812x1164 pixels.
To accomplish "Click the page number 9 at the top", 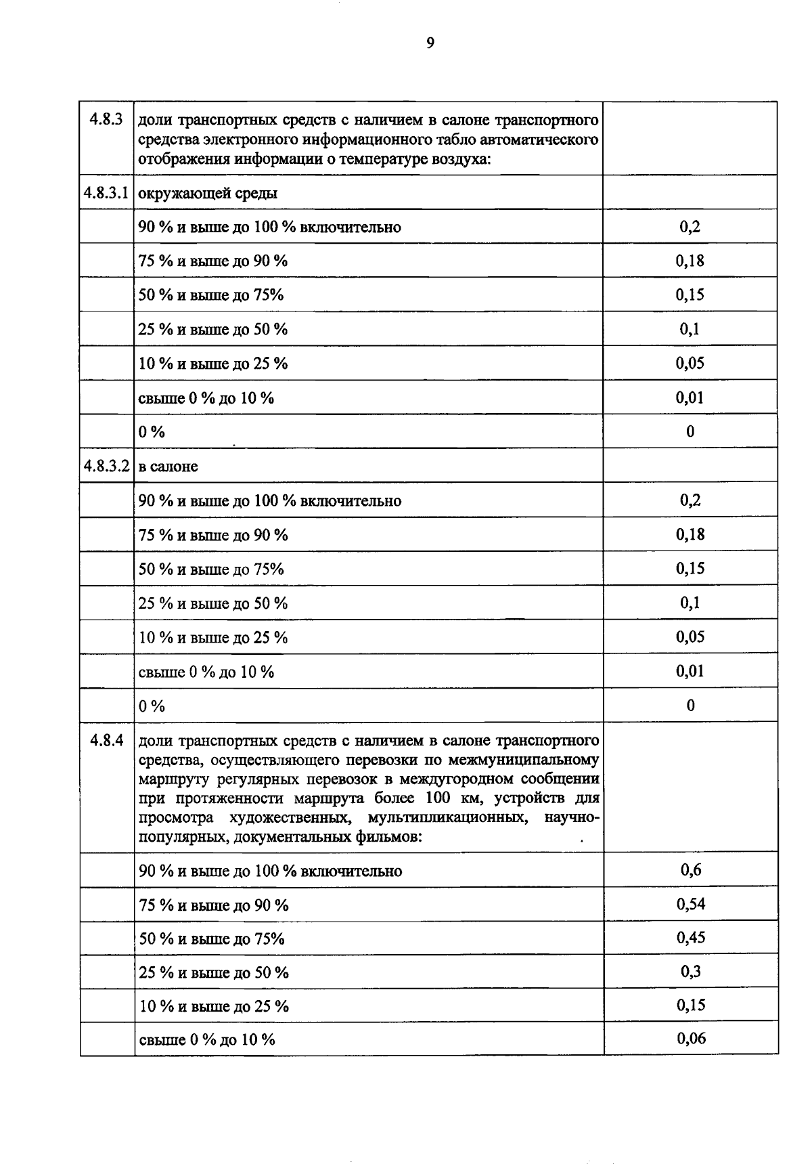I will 430,44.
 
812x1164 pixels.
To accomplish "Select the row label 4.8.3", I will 106,120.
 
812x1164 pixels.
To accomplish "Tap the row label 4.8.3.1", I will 106,193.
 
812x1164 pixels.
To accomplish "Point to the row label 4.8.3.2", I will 106,466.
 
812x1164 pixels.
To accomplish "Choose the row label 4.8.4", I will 106,740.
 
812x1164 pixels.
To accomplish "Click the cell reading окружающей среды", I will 208,194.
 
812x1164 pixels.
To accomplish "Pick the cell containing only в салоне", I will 168,467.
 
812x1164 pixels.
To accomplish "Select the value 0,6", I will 691,870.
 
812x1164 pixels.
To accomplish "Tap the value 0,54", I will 691,904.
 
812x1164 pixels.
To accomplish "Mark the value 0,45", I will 691,938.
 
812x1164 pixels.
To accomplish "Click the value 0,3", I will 691,972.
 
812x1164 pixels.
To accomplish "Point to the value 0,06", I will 691,1038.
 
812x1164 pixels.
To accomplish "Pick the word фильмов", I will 388,837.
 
